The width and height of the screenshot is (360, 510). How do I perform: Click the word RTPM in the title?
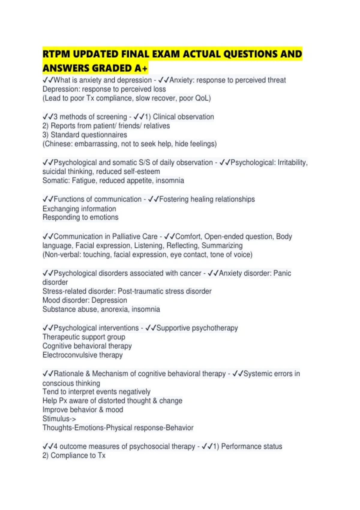point(56,54)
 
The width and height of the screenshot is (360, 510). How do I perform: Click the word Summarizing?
point(222,246)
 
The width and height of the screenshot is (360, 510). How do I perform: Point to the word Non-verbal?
point(62,255)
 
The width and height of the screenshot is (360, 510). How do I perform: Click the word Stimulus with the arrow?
point(59,419)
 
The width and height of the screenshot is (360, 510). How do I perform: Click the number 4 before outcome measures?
point(55,446)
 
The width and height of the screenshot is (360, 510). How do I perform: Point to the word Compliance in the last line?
point(70,455)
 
